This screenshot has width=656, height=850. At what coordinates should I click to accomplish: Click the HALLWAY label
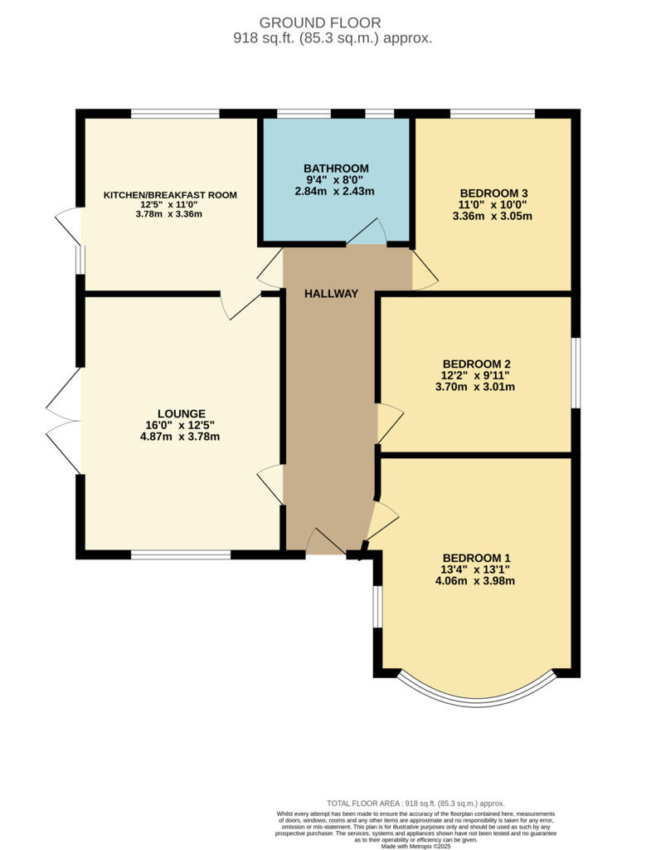331,294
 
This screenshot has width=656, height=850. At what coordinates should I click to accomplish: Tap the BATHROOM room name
336,169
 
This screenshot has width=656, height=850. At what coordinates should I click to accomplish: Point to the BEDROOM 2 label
476,364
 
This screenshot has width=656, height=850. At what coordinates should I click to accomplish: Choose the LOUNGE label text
181,413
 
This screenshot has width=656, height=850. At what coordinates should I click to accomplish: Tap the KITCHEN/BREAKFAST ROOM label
170,195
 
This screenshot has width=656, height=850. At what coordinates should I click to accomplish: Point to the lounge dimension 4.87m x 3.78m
181,437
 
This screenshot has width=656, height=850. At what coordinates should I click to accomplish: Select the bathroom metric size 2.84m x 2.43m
336,191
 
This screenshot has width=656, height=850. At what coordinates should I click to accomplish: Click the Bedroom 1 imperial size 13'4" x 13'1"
476,569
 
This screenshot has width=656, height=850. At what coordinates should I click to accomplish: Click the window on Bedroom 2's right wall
575,373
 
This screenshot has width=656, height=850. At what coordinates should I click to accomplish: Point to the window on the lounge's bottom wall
180,554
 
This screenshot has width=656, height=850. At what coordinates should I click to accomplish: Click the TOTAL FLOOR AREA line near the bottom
415,804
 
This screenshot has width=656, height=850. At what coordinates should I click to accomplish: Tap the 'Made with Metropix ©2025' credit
415,846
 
